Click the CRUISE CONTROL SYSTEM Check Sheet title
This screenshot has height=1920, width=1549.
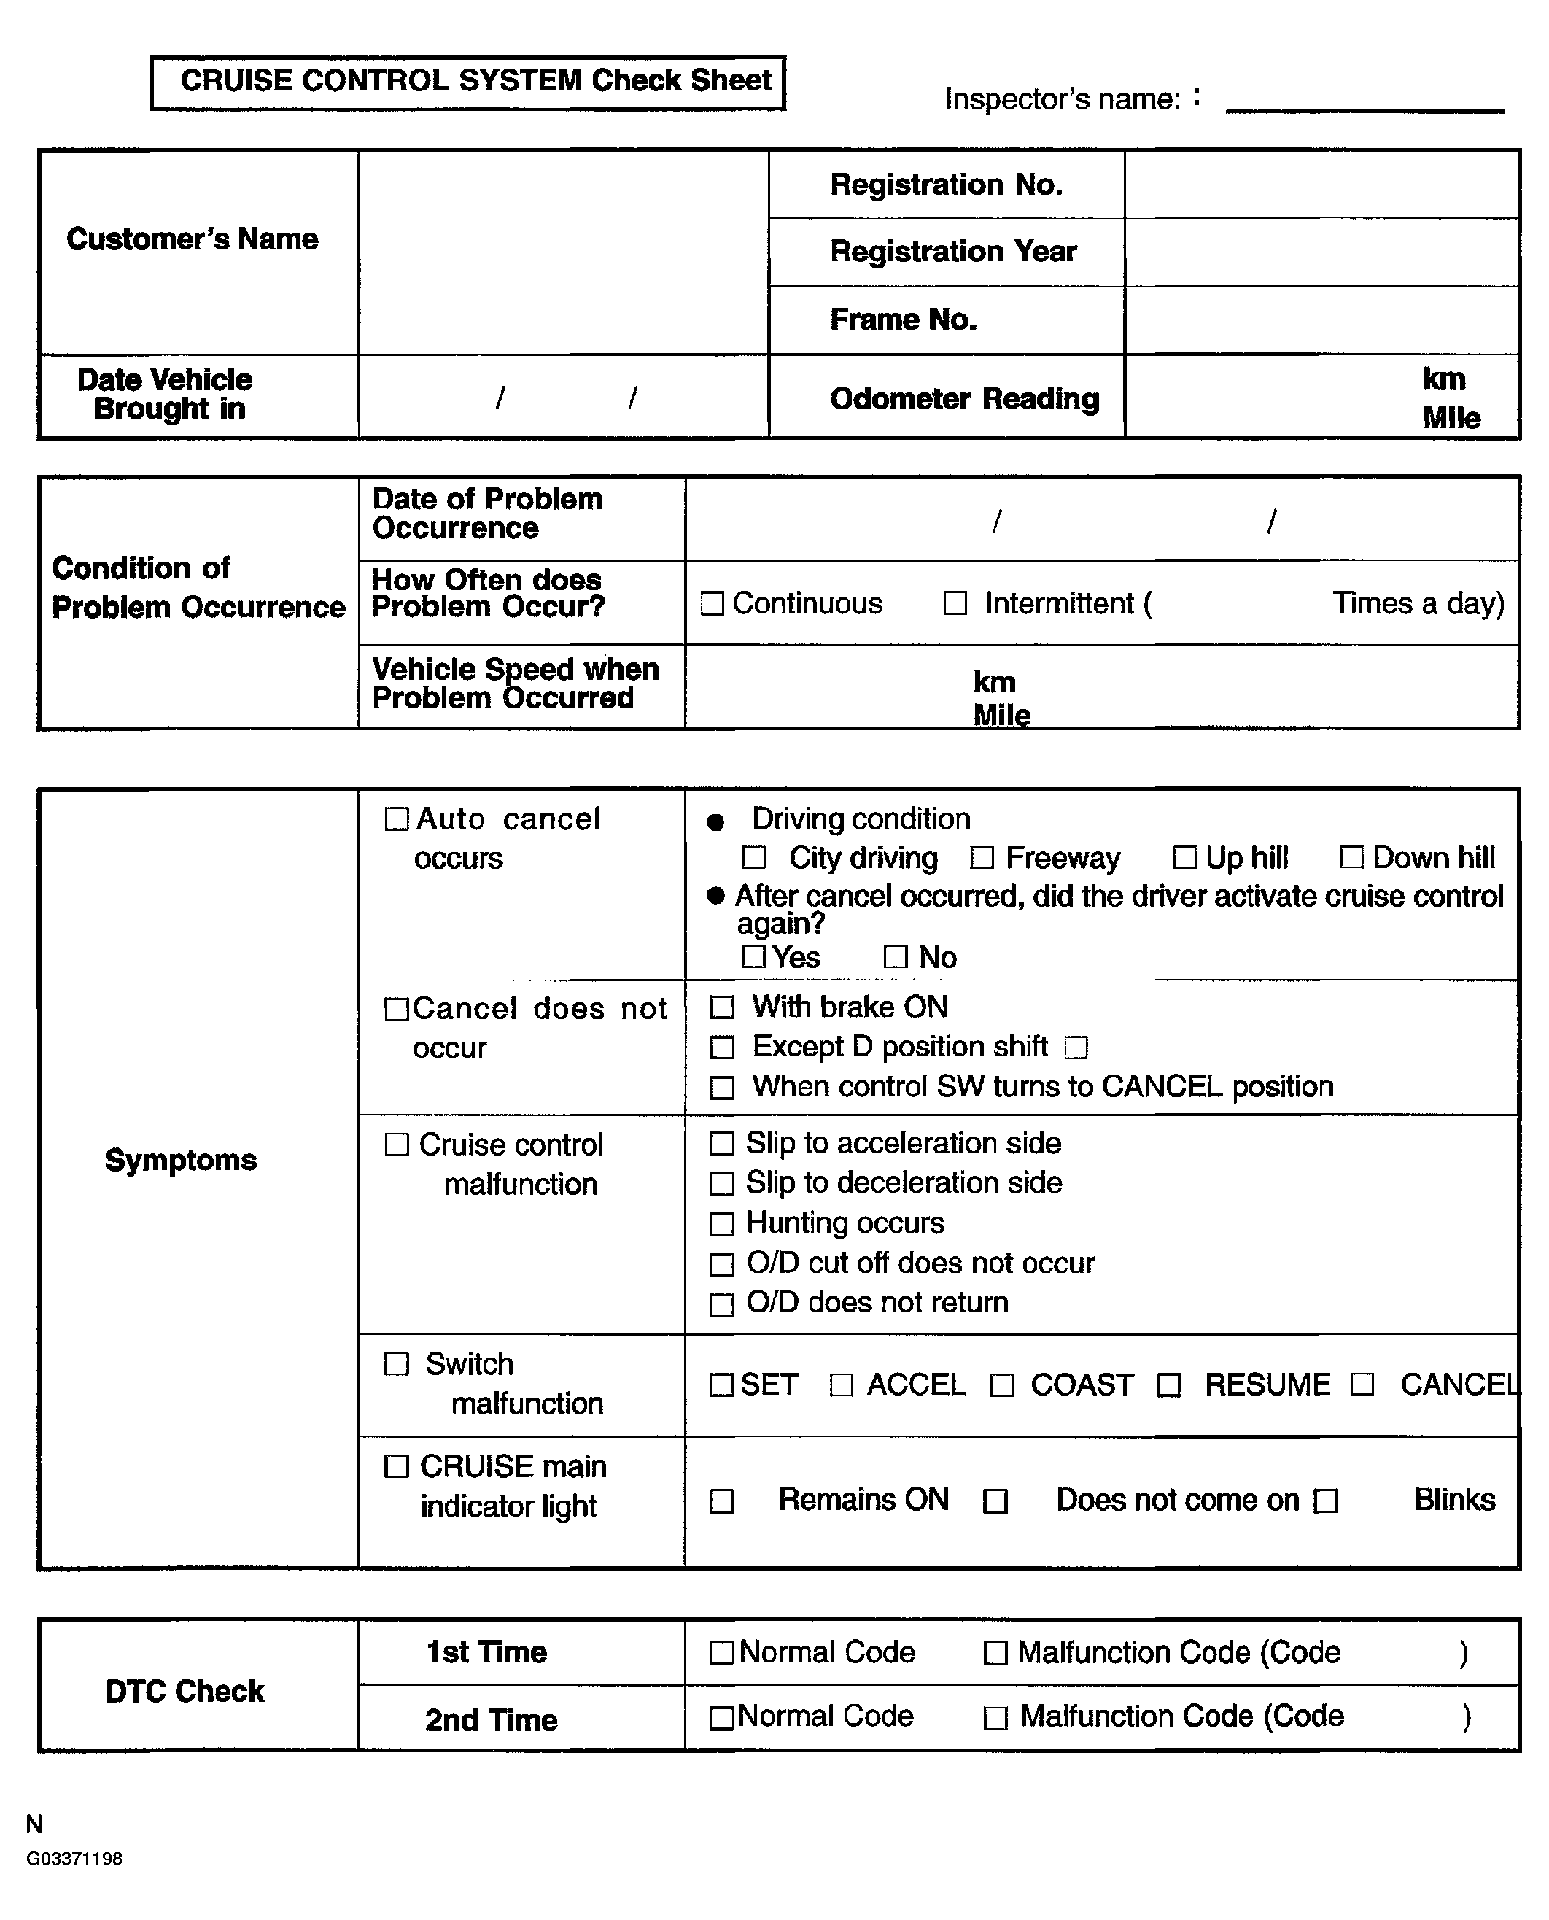tap(475, 81)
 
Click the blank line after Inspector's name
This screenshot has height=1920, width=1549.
tap(1364, 105)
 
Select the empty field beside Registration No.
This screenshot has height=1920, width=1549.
tap(1321, 185)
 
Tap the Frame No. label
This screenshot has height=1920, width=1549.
tap(903, 320)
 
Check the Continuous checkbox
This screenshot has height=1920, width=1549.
tap(712, 603)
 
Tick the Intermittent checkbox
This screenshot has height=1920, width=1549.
tap(955, 603)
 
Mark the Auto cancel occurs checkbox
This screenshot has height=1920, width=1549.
tap(396, 818)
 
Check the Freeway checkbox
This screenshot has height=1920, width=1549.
tap(982, 858)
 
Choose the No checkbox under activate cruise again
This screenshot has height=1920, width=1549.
tap(895, 957)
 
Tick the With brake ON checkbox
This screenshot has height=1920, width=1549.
tap(721, 1007)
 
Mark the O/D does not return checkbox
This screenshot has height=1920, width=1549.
tap(721, 1305)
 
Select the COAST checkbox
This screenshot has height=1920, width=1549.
tap(1001, 1385)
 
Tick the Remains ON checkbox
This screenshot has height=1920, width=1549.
tap(721, 1501)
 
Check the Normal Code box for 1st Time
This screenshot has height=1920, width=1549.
tap(721, 1653)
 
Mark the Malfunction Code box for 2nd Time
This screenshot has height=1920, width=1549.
tap(995, 1718)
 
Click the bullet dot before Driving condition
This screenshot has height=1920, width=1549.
tap(715, 822)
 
